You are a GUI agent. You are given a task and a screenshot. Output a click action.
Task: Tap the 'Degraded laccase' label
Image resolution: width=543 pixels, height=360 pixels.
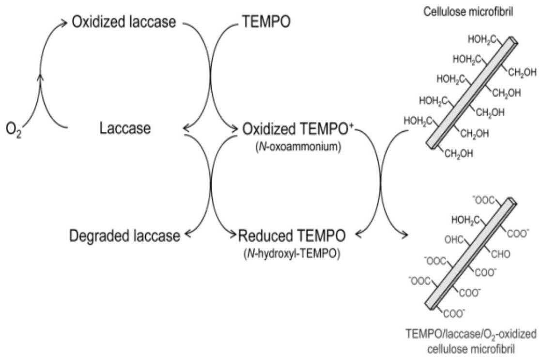124,236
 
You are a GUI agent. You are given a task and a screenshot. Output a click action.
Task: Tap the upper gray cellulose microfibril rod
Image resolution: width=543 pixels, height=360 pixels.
472,92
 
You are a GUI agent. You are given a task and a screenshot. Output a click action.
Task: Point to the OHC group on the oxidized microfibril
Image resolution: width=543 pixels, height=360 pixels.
454,239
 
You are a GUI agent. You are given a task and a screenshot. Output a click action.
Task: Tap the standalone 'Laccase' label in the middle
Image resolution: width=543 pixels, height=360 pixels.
125,129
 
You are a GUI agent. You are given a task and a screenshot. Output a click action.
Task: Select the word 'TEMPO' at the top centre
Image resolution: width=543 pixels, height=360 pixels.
266,22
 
